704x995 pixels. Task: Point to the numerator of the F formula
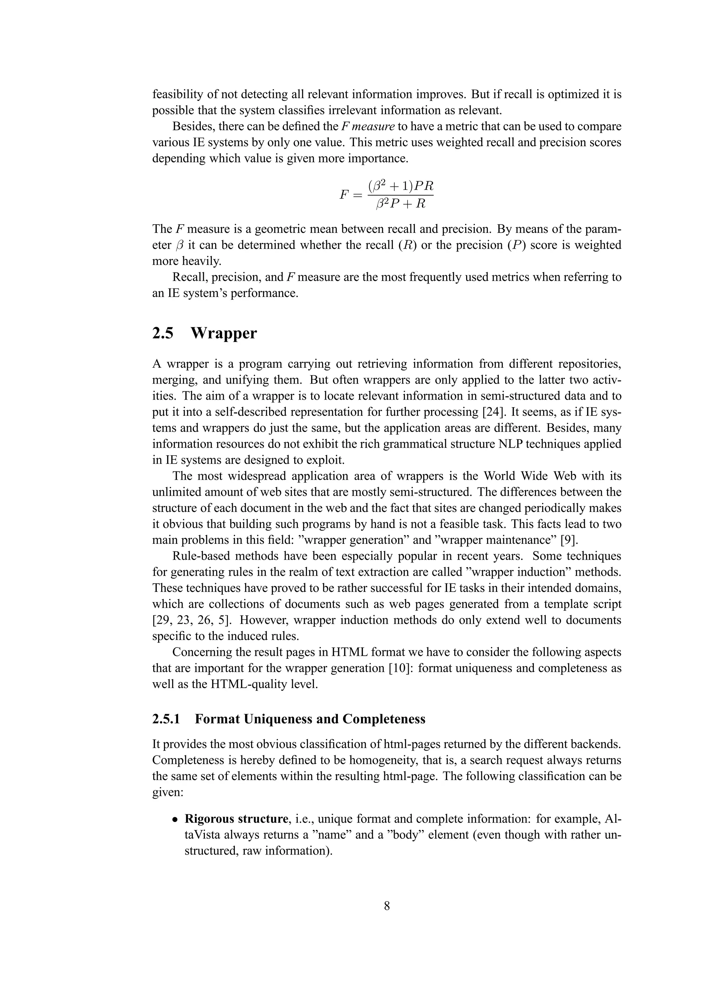point(401,186)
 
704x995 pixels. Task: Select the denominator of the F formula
point(401,204)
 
